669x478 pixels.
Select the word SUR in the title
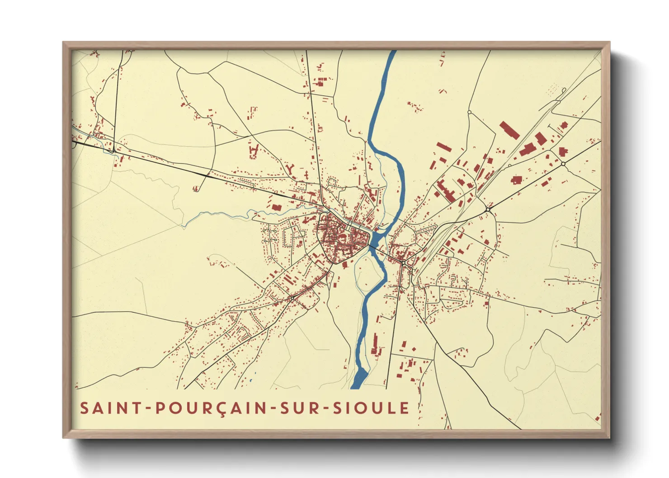point(300,408)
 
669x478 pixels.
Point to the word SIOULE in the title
point(371,408)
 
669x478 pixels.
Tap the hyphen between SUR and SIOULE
point(326,409)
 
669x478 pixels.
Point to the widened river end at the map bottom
point(359,379)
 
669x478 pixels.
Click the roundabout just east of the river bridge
point(402,262)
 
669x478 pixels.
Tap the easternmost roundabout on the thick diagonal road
point(563,164)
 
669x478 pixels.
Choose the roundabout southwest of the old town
point(292,298)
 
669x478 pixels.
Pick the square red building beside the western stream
point(276,207)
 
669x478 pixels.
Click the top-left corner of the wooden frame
point(63,42)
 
